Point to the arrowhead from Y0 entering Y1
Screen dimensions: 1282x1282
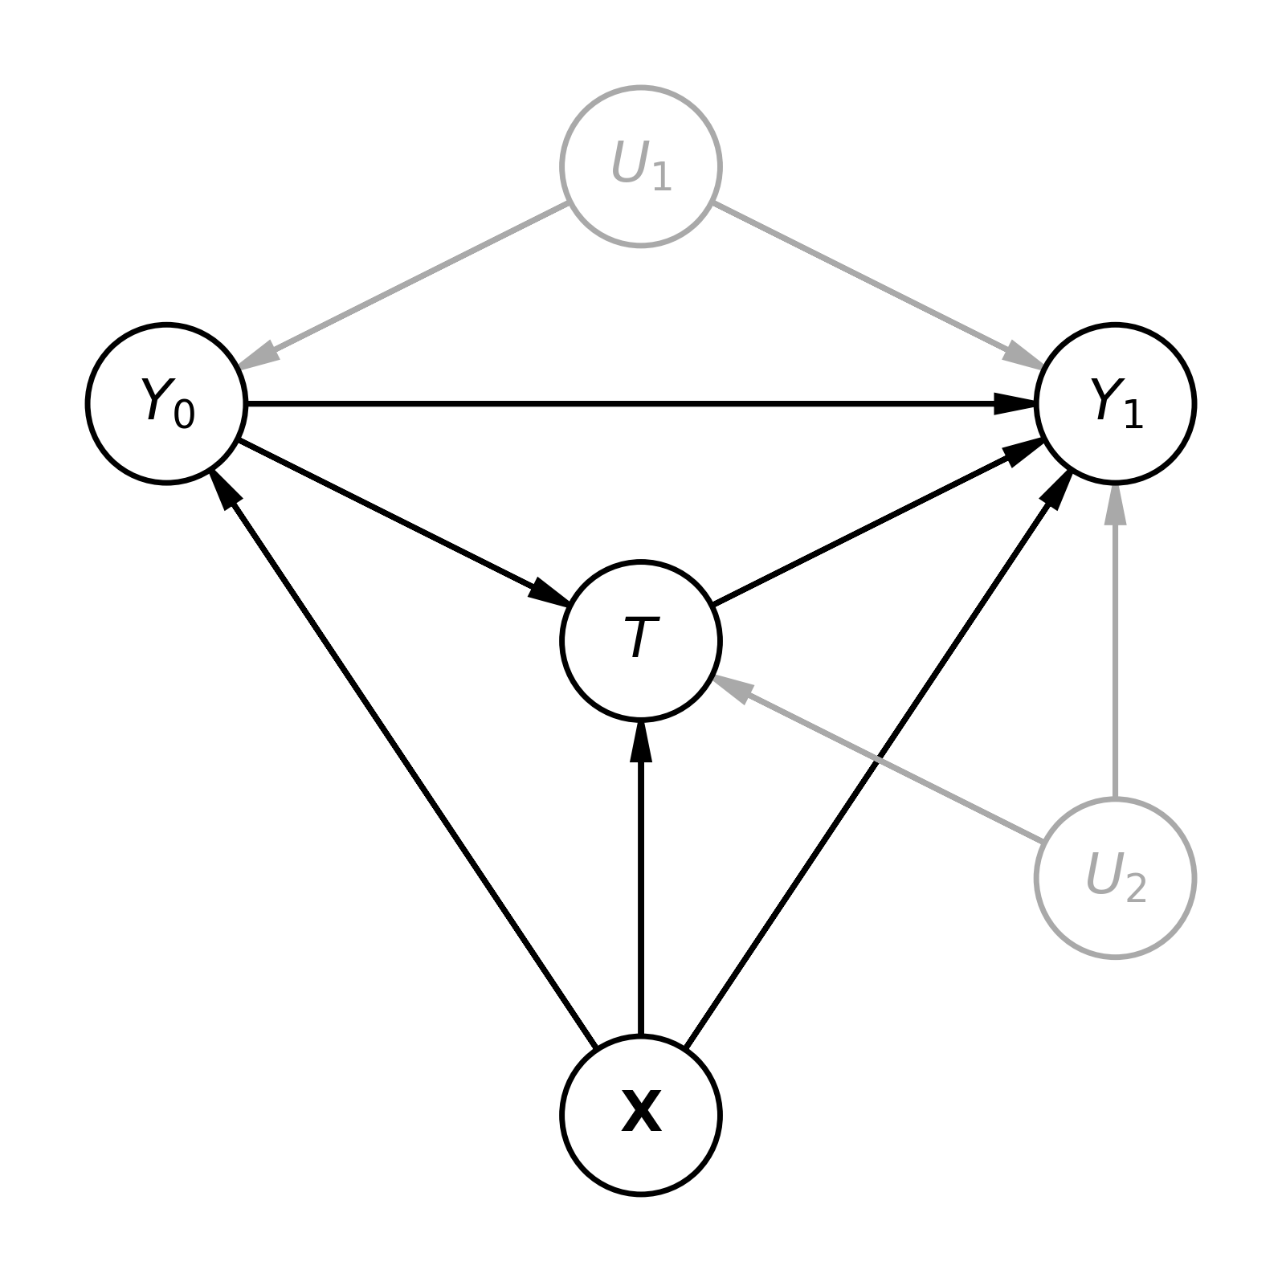pos(1014,403)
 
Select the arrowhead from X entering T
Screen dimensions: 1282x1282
pos(640,742)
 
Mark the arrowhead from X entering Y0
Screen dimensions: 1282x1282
pos(225,488)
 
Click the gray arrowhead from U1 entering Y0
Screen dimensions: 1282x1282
pos(259,357)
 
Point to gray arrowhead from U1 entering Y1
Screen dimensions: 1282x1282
pos(1023,357)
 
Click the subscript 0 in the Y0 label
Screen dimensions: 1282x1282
pos(184,414)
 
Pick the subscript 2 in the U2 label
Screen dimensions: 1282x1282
pos(1135,888)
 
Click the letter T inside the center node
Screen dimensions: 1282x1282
pos(640,639)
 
